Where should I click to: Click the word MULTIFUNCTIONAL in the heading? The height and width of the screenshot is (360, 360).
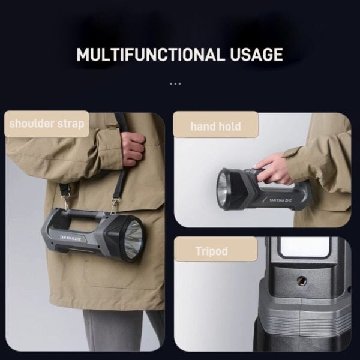tap(151, 55)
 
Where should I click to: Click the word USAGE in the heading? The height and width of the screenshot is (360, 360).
tap(256, 55)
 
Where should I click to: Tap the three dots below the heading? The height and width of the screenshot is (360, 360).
tap(175, 84)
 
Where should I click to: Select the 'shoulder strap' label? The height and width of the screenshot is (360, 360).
tap(47, 124)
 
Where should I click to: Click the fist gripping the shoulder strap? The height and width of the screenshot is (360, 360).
tap(133, 148)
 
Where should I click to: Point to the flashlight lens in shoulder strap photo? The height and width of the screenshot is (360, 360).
tap(134, 239)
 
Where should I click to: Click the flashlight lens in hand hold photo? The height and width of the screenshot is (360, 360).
tap(222, 189)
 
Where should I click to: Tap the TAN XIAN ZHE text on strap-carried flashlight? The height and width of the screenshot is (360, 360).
tap(70, 238)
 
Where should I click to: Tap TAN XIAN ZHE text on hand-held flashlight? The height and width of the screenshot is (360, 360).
tap(280, 200)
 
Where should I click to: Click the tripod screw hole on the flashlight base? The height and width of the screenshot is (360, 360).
tap(301, 280)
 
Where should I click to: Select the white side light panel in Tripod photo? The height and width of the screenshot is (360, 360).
tap(304, 247)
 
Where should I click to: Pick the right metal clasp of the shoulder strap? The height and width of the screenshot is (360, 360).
tap(115, 206)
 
